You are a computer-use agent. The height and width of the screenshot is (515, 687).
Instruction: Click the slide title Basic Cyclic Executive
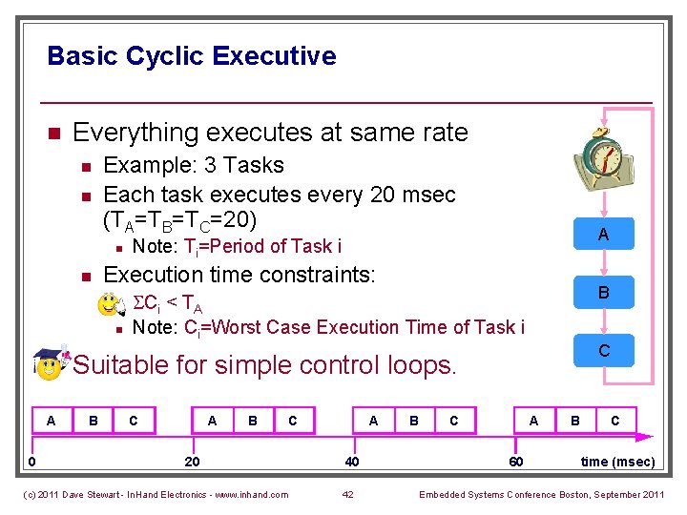[191, 56]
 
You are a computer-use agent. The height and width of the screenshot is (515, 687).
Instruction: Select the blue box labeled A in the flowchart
[603, 235]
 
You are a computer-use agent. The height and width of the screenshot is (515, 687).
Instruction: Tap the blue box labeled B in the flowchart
[603, 293]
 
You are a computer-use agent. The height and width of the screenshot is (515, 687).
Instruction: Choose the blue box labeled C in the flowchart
[603, 351]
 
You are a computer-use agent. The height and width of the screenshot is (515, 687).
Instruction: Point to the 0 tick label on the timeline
[31, 462]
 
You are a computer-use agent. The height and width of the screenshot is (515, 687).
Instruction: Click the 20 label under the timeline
[192, 462]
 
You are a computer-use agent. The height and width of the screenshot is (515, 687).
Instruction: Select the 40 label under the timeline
[352, 462]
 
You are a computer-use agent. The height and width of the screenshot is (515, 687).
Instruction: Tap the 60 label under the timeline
[515, 462]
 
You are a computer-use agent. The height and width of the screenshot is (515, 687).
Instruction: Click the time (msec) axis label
[617, 462]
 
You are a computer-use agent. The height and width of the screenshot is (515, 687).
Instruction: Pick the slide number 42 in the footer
[347, 494]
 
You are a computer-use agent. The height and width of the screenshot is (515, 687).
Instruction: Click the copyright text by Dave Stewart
[155, 494]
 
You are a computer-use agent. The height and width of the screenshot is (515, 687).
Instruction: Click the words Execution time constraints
[239, 276]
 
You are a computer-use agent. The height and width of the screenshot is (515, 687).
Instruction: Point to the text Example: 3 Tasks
[193, 165]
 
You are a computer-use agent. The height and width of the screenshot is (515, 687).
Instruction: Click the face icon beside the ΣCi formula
[112, 304]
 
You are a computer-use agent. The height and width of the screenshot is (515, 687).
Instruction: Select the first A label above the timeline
[52, 420]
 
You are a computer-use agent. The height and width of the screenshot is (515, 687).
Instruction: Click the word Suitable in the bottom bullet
[120, 364]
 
